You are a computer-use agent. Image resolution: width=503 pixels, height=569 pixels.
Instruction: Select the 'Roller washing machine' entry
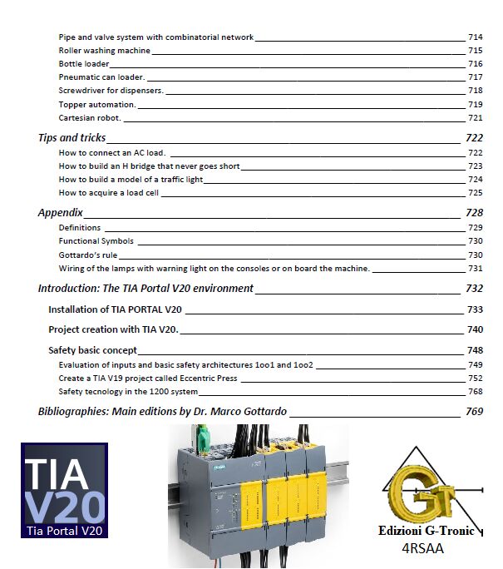pyautogui.click(x=104, y=51)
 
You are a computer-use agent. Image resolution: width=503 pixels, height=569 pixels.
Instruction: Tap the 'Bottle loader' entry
pyautogui.click(x=83, y=64)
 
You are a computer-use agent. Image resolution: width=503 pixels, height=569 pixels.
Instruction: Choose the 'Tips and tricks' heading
pyautogui.click(x=72, y=138)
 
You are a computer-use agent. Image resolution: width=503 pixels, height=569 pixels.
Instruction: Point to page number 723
pyautogui.click(x=475, y=166)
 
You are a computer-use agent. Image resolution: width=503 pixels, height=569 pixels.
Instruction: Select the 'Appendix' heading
pyautogui.click(x=60, y=213)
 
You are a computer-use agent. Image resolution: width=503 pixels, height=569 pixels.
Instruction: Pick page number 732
pyautogui.click(x=474, y=289)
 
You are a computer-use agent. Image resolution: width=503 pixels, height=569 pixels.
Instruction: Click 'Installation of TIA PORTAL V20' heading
pyautogui.click(x=115, y=309)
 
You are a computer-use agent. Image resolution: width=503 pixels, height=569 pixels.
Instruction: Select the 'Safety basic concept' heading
pyautogui.click(x=92, y=350)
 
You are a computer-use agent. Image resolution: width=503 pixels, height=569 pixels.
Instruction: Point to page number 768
pyautogui.click(x=475, y=392)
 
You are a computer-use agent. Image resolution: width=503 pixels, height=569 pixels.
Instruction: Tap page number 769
pyautogui.click(x=474, y=412)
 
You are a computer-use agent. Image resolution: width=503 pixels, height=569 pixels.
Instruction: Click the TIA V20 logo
pyautogui.click(x=64, y=491)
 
